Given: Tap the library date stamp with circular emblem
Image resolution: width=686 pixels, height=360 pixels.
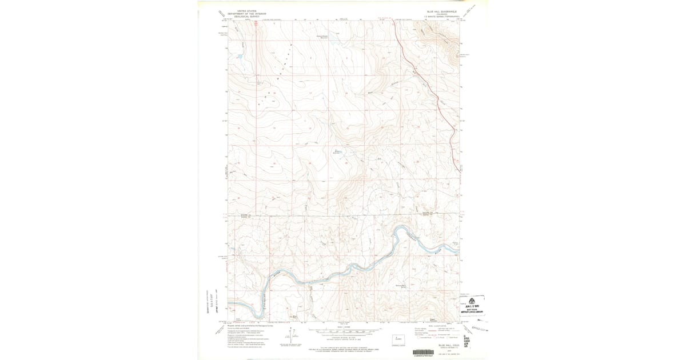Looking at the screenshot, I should [472, 305].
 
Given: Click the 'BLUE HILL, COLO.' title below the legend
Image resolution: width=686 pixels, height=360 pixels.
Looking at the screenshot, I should [449, 345].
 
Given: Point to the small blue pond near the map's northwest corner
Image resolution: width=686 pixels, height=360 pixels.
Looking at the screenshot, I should [239, 57].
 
